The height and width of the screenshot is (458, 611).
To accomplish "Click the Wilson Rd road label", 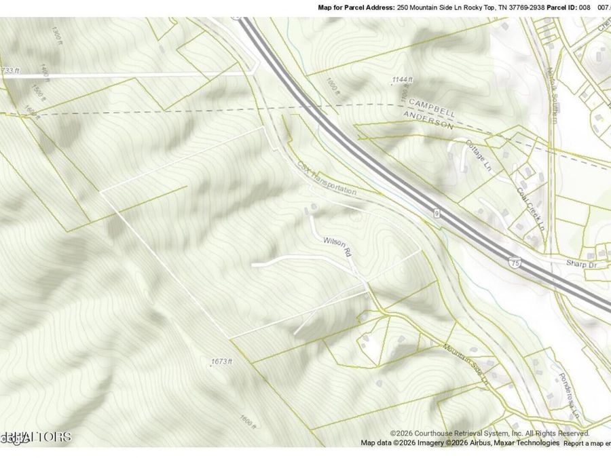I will [x=336, y=245].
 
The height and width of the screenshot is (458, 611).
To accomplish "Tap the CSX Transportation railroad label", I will [x=327, y=178].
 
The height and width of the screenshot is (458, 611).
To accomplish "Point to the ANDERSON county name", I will [x=428, y=120].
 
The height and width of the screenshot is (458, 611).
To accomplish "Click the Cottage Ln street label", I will [x=479, y=155].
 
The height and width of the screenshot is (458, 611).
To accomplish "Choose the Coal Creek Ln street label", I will [x=531, y=208].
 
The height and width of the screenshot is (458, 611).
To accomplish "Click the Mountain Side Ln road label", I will [x=466, y=365].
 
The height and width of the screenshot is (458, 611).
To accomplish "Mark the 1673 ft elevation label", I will [x=221, y=361].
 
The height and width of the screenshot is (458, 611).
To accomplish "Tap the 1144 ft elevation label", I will [x=402, y=80].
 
